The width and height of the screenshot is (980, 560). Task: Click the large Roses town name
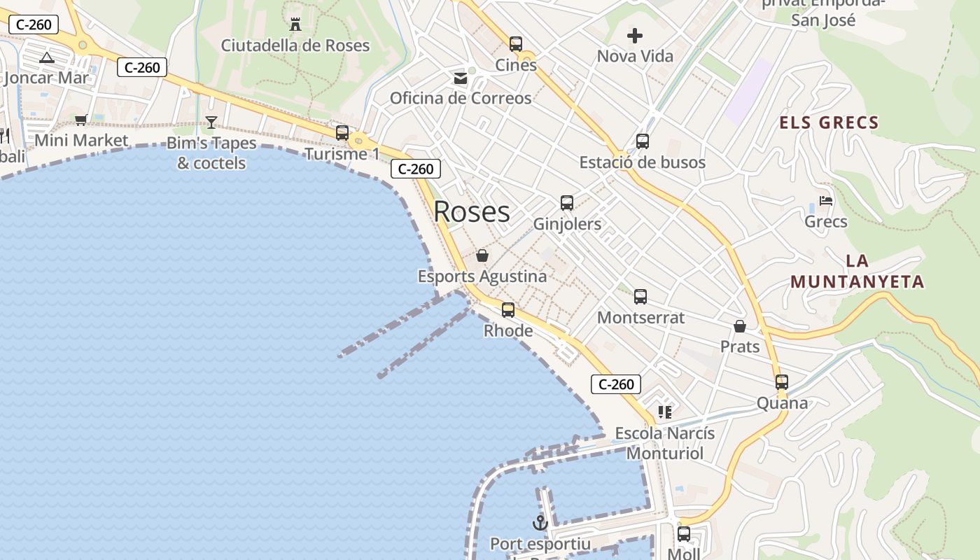(472, 211)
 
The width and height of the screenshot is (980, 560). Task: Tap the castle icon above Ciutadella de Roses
(295, 25)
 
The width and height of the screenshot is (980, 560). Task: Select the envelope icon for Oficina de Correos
(461, 78)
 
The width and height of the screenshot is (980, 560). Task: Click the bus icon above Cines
(516, 44)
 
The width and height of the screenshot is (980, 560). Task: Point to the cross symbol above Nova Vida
(635, 36)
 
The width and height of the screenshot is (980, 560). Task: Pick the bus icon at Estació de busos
(643, 141)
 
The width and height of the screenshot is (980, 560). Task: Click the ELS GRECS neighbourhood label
(829, 123)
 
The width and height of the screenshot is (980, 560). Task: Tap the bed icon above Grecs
(826, 201)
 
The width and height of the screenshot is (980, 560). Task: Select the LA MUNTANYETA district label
(857, 272)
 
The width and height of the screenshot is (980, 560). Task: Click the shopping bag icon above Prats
(740, 326)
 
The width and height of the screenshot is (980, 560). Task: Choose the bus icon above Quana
(782, 382)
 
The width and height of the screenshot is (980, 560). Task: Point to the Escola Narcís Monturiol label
(665, 443)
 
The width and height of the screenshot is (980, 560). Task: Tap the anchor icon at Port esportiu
(540, 522)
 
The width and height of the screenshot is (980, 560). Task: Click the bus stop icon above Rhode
(508, 309)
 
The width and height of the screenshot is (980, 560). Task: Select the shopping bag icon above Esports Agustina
(482, 255)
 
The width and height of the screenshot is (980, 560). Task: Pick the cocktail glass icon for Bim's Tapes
(211, 122)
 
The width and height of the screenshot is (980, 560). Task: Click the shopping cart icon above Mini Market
(81, 120)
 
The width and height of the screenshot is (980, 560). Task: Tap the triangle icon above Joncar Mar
(47, 57)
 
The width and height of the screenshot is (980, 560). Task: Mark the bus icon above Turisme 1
(342, 133)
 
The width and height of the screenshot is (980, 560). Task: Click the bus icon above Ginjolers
(567, 203)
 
